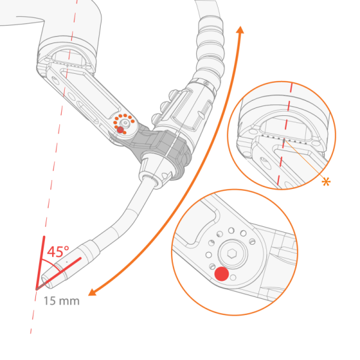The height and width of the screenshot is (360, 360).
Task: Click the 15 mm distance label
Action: (x=61, y=301)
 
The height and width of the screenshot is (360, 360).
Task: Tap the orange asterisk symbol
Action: (x=326, y=182)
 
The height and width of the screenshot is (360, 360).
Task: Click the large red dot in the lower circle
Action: (x=221, y=274)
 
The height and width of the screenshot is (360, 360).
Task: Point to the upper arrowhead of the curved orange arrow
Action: (x=240, y=30)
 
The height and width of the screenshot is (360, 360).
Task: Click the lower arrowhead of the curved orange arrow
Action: (x=92, y=293)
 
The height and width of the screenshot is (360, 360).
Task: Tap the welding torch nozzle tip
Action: (x=46, y=281)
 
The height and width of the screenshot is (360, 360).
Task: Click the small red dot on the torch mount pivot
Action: (x=121, y=129)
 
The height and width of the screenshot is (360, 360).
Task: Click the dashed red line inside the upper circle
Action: (x=287, y=120)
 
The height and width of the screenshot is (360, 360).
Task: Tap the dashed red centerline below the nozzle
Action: (x=34, y=318)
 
